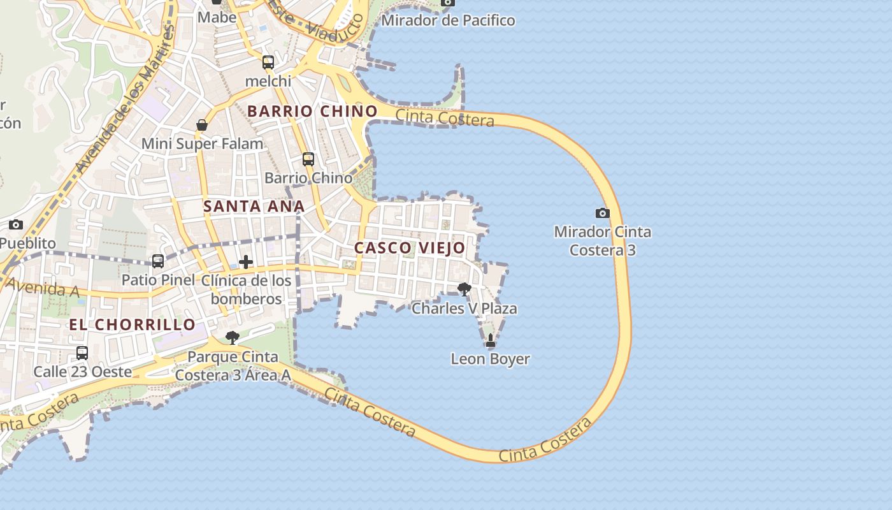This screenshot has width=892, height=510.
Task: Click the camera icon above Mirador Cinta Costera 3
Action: (x=602, y=213)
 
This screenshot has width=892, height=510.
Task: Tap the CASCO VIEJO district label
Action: (x=410, y=248)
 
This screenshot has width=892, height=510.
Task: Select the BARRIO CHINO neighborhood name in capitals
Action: (x=312, y=111)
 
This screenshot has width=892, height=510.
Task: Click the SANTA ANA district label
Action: (x=254, y=206)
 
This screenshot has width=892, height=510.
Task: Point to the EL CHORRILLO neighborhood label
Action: (x=133, y=324)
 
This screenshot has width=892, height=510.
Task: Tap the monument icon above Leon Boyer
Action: (x=490, y=341)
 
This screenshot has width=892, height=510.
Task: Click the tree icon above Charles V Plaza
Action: (x=464, y=289)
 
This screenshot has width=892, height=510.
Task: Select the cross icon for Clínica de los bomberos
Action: (x=246, y=262)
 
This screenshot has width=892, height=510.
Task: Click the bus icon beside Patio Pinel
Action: (x=158, y=261)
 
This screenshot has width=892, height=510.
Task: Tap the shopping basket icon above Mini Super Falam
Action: (x=202, y=125)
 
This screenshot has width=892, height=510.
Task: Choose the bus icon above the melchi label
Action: (x=268, y=62)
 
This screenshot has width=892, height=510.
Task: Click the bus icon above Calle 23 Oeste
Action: (x=82, y=353)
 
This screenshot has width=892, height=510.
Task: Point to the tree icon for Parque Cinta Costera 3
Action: (x=233, y=337)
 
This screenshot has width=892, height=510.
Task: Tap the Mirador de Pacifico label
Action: (x=448, y=20)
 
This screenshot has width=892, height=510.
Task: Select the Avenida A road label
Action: (x=42, y=287)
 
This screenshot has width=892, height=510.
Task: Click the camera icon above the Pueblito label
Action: (x=16, y=224)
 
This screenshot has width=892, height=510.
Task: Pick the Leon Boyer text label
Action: (x=490, y=359)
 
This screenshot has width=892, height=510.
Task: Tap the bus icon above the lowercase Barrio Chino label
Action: (x=308, y=159)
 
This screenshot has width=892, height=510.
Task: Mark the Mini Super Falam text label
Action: (x=202, y=143)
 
